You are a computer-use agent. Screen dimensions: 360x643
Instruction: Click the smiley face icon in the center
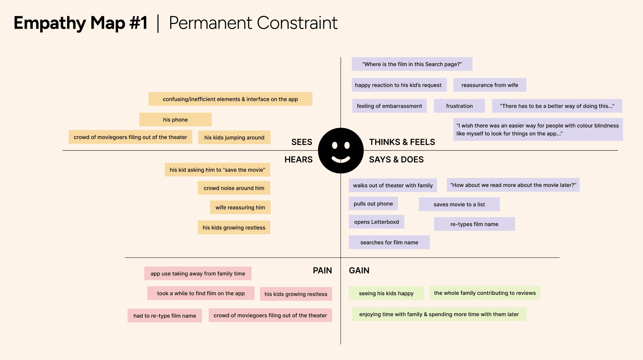click(x=341, y=151)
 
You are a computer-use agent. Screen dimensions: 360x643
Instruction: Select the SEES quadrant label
click(x=302, y=142)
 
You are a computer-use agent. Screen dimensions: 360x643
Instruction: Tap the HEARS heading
click(x=298, y=159)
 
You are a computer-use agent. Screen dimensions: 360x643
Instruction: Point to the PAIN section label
click(x=322, y=271)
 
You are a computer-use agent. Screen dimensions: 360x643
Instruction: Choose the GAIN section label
click(x=359, y=271)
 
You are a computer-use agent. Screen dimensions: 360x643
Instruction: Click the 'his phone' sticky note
click(x=175, y=120)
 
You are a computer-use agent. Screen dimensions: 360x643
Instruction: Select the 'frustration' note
click(x=459, y=106)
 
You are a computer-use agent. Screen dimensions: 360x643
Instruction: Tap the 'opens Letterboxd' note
click(x=376, y=222)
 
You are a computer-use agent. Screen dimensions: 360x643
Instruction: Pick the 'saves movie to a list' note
click(x=459, y=204)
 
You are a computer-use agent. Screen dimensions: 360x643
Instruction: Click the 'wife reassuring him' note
click(x=240, y=207)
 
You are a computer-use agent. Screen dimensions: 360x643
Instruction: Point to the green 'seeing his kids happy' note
click(x=386, y=293)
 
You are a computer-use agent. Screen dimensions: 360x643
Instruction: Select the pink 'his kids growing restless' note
click(x=296, y=294)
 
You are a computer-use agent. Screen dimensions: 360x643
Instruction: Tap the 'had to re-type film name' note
click(x=165, y=316)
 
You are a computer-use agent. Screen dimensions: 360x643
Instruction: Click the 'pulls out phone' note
click(x=373, y=204)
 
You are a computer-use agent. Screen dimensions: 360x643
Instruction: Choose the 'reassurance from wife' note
click(x=489, y=85)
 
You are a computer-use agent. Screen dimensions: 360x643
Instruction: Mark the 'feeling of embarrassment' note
click(x=389, y=106)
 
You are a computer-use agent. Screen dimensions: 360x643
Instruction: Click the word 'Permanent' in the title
click(x=211, y=23)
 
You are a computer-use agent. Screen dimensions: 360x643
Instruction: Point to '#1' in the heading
click(x=138, y=23)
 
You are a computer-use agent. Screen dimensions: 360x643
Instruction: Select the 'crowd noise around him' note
click(x=234, y=188)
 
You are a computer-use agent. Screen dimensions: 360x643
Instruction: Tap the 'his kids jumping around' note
click(x=234, y=137)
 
